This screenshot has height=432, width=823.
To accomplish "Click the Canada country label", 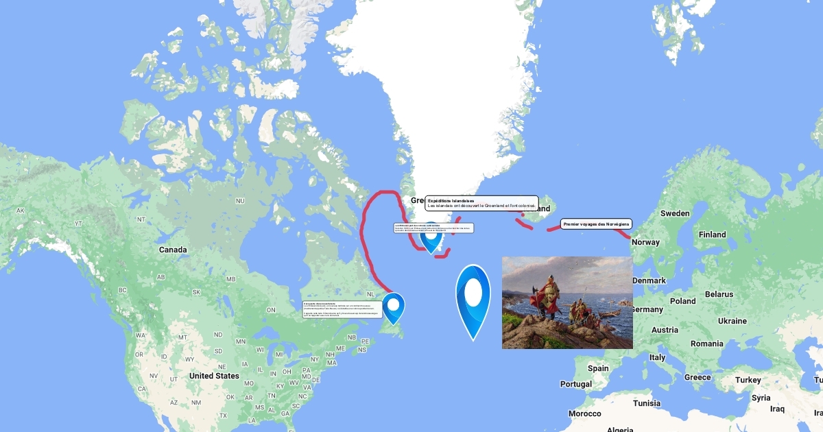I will (173, 250).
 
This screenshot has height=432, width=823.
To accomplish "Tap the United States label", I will (214, 376).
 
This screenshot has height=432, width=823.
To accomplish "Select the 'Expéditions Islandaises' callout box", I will (481, 203).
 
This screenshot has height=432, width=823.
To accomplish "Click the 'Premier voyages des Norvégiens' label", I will (595, 224).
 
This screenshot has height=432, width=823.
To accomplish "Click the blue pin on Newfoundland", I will (394, 306).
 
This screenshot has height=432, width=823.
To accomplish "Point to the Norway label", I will (645, 242).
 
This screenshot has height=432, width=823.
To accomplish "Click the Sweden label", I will (675, 213).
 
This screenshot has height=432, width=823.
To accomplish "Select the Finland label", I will (712, 235).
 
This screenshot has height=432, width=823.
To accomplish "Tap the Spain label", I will (598, 368).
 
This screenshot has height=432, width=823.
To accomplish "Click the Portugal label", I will (575, 384).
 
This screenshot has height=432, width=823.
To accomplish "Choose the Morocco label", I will (584, 413).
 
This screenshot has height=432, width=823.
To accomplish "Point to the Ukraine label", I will (732, 321).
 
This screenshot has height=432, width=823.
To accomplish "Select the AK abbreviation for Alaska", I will (21, 211).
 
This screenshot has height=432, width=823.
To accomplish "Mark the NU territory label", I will (240, 201).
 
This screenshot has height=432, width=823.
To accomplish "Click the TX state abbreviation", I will (223, 416).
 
